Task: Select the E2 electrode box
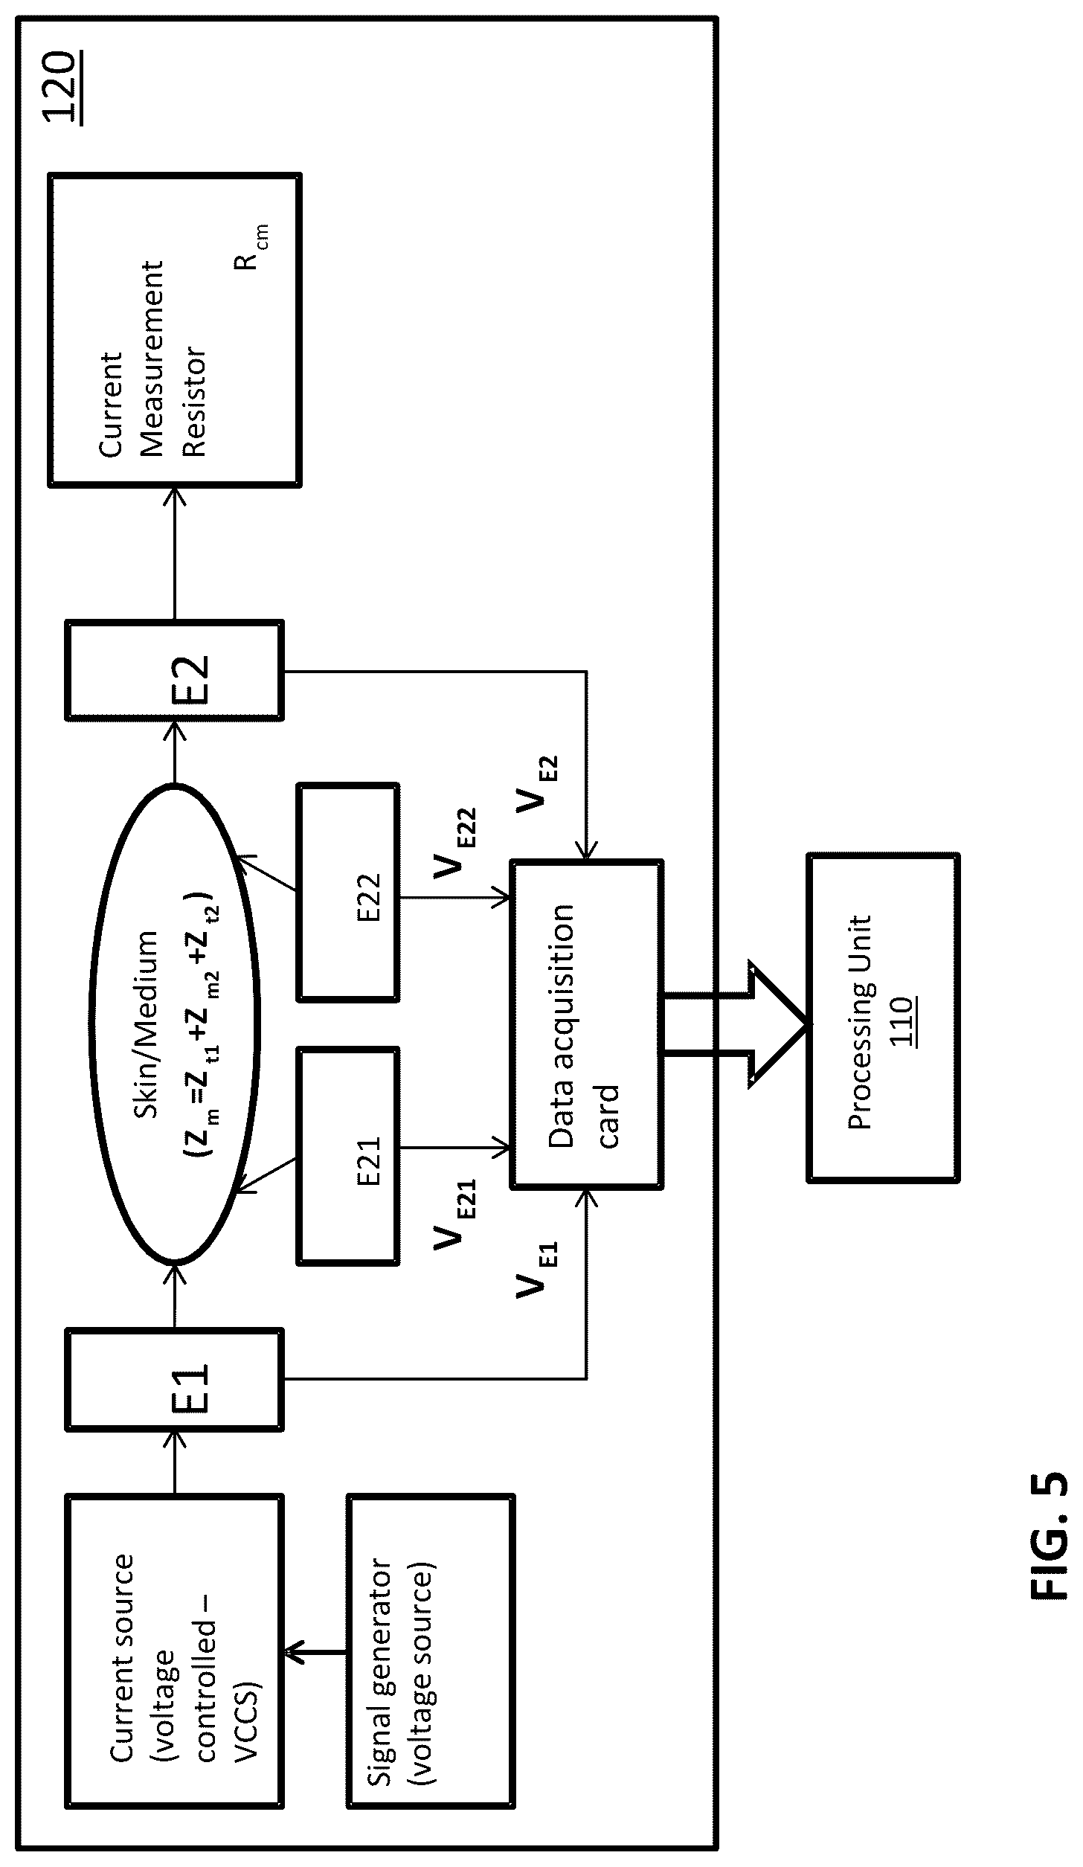pyautogui.click(x=175, y=670)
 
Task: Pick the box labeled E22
pyautogui.click(x=348, y=891)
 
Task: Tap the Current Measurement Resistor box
pyautogui.click(x=175, y=330)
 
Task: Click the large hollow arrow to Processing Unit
pyautogui.click(x=735, y=1024)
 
